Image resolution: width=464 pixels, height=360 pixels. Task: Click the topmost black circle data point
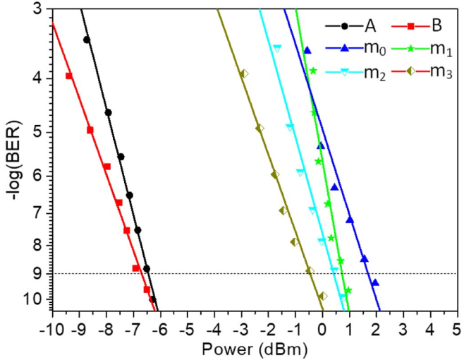87,40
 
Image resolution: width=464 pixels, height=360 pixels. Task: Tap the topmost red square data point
69,76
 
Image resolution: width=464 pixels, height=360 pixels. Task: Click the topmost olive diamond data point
244,73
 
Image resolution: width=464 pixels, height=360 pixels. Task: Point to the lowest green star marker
348,290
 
